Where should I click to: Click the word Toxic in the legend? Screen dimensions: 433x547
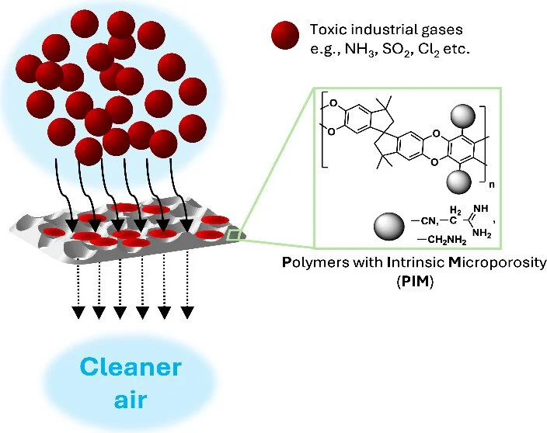tap(325, 29)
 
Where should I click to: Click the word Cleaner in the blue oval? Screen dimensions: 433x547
tap(130, 366)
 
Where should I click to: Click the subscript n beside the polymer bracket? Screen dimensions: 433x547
tap(493, 185)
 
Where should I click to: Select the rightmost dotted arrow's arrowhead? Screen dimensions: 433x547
tap(186, 312)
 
